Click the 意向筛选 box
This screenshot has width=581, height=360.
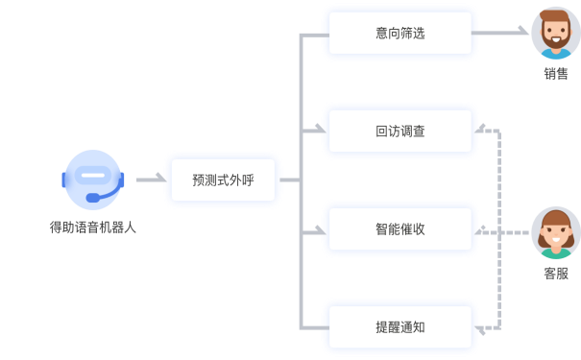(399, 33)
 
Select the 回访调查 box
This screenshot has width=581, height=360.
(399, 131)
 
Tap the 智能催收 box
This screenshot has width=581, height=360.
(399, 229)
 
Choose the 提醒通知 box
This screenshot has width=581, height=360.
(399, 327)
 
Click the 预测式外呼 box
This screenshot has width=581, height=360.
(223, 180)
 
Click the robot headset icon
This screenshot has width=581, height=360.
(92, 180)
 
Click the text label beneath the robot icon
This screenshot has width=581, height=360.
(92, 228)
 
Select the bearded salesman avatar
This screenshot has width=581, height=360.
(555, 34)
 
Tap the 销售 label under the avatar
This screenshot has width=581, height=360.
(555, 74)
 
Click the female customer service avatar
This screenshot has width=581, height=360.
(555, 231)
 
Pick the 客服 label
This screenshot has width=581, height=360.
(555, 274)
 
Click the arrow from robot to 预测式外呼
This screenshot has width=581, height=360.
(148, 180)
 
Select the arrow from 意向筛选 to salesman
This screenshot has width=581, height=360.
(503, 33)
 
